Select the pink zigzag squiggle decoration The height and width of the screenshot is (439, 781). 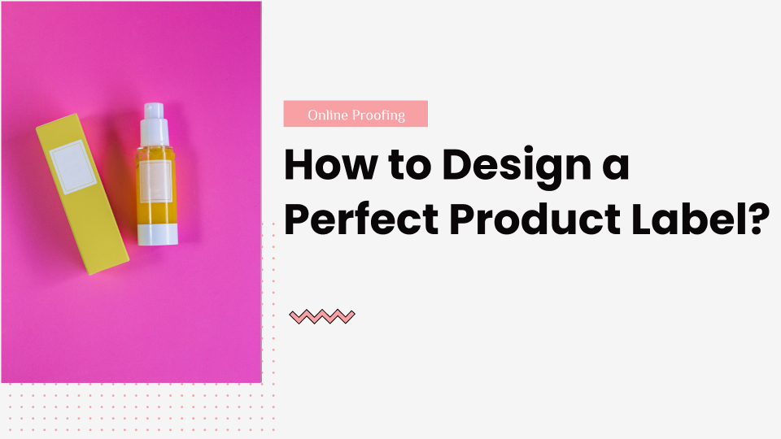[x=322, y=316]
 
